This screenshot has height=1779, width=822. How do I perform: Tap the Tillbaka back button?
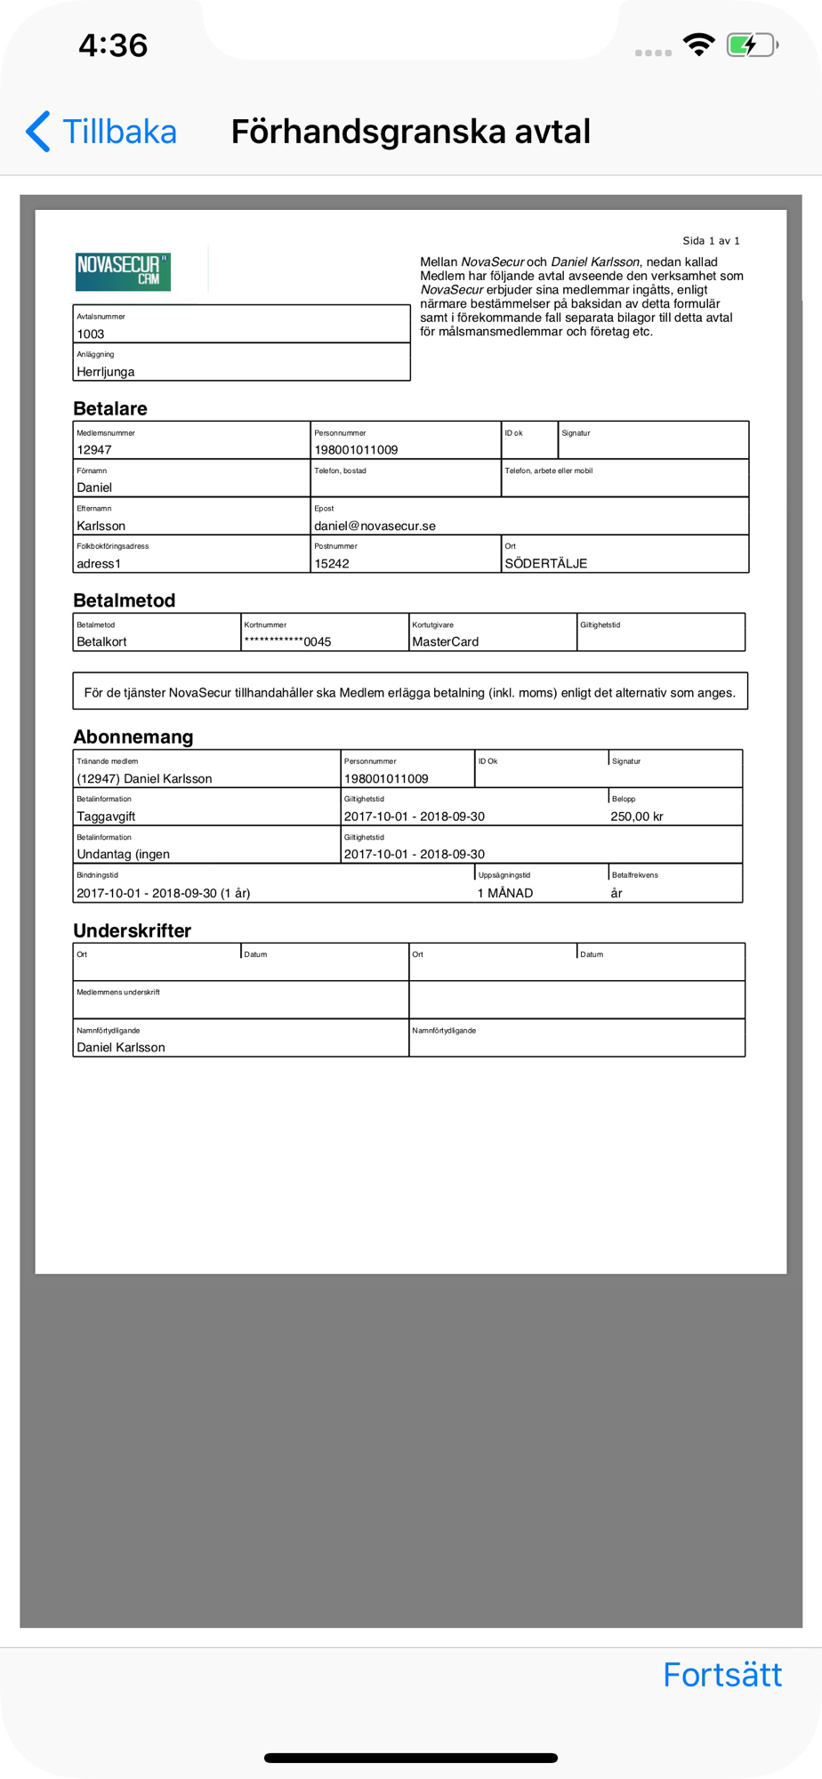point(102,132)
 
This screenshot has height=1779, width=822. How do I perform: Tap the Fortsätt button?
point(721,1675)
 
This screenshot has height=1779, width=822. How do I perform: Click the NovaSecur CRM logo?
point(123,271)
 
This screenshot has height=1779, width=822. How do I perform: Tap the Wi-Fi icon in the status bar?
point(698,44)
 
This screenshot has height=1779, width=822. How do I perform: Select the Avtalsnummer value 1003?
point(91,334)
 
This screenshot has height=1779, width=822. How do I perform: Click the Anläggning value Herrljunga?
point(106,372)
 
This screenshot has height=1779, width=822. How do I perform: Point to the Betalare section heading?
point(110,409)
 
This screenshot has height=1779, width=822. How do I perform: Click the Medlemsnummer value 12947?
point(94,450)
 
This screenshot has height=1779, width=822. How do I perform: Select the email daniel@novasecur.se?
point(375,526)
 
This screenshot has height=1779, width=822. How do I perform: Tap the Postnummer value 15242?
point(332,564)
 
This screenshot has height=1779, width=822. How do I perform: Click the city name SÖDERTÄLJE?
point(545,564)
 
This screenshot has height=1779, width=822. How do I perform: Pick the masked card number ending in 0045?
point(287,642)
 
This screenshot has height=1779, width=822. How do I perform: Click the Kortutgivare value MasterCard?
point(445,642)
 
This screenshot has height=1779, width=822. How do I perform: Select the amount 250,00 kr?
point(637,817)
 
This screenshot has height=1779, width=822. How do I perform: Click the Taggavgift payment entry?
point(106,817)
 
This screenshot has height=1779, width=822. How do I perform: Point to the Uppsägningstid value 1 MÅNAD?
point(505,893)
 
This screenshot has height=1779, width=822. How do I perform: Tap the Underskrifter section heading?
point(133,931)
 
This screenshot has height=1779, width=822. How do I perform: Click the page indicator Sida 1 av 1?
point(711,241)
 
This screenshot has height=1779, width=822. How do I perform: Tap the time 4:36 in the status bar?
point(113,45)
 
